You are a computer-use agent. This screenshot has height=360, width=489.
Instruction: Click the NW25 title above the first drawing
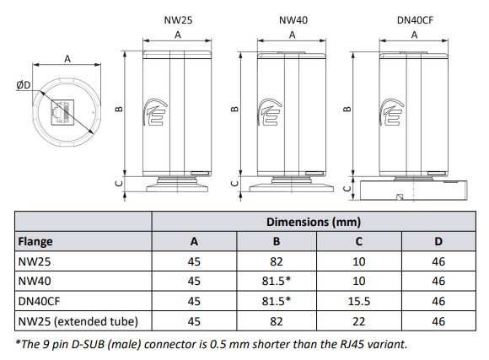pos(177,19)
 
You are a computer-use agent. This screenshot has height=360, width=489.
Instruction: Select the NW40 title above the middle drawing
pos(292,19)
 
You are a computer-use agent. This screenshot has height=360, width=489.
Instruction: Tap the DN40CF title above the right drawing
pos(414,19)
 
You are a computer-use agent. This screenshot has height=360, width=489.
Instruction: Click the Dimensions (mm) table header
pos(314,223)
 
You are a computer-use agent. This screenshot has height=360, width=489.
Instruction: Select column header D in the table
pos(438,242)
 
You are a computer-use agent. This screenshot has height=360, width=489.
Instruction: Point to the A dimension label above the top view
pos(67,59)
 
